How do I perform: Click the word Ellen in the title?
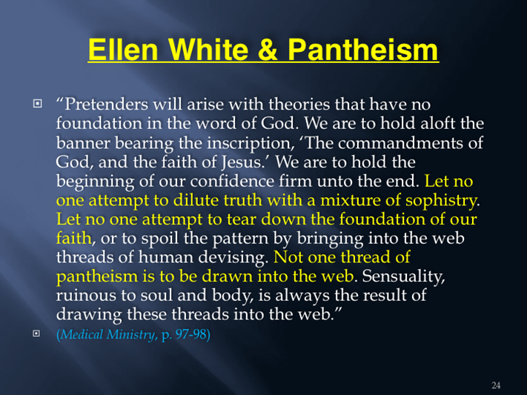point(123,50)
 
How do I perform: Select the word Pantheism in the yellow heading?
point(363,50)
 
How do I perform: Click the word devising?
point(233,257)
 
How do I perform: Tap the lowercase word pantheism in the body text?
point(97,276)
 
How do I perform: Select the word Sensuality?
point(403,276)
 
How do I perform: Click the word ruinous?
point(87,296)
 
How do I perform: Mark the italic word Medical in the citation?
point(82,334)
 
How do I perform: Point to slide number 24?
point(496,385)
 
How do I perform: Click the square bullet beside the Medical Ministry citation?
point(36,333)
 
